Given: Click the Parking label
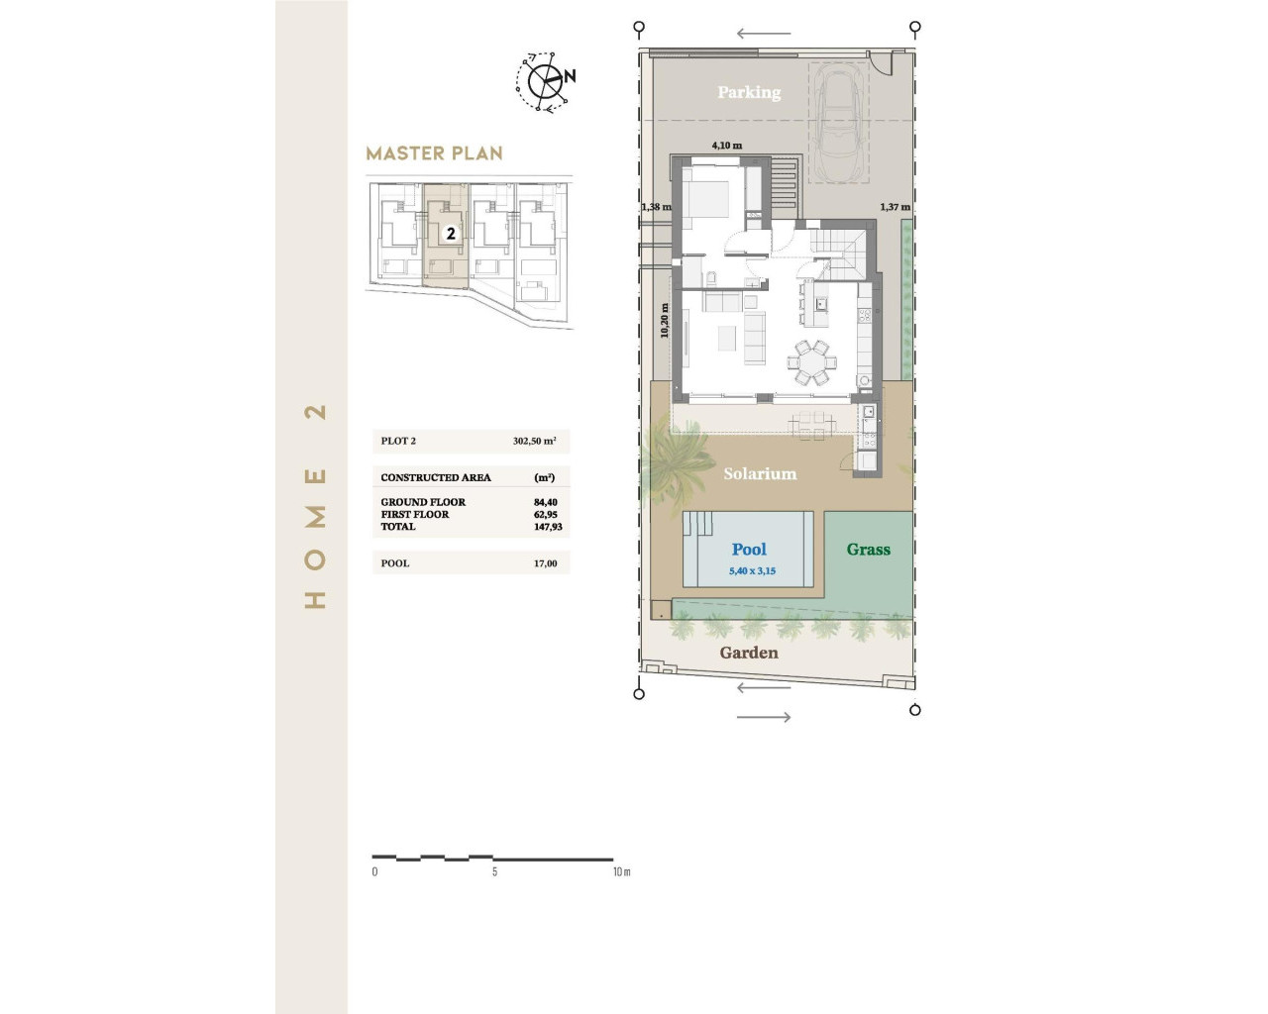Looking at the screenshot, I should pyautogui.click(x=749, y=92).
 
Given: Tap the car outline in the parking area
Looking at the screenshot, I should pyautogui.click(x=839, y=123).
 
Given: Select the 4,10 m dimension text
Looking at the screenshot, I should pyautogui.click(x=726, y=146).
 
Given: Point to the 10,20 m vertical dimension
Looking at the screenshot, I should pyautogui.click(x=665, y=320).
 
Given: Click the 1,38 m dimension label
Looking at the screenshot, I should pyautogui.click(x=656, y=207).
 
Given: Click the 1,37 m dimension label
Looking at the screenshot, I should pyautogui.click(x=895, y=207).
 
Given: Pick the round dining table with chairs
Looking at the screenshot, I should pyautogui.click(x=811, y=362).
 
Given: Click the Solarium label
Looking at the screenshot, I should pyautogui.click(x=760, y=473).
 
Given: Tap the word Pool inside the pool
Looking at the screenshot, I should pyautogui.click(x=749, y=550).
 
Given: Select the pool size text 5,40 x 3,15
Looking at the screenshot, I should pyautogui.click(x=752, y=571).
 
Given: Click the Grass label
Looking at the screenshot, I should pyautogui.click(x=868, y=550).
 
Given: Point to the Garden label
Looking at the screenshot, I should pyautogui.click(x=749, y=653).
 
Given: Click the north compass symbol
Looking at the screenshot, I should pyautogui.click(x=545, y=81).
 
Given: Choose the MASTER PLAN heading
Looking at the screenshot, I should pyautogui.click(x=434, y=153).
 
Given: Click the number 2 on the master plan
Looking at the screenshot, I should pyautogui.click(x=451, y=234).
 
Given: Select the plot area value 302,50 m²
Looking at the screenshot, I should pyautogui.click(x=534, y=441).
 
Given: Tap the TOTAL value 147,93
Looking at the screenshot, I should pyautogui.click(x=548, y=527).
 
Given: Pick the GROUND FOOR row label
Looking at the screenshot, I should pyautogui.click(x=423, y=502).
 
